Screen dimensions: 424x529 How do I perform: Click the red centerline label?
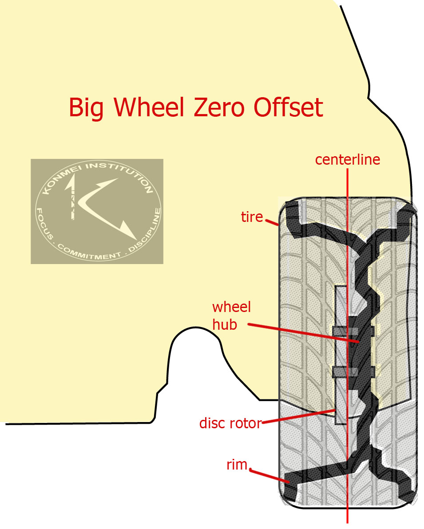(348, 160)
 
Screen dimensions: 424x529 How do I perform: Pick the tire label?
(252, 217)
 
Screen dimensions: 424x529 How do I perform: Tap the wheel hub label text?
(231, 316)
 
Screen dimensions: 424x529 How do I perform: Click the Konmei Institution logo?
(97, 211)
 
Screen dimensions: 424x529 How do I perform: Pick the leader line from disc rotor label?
(297, 416)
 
